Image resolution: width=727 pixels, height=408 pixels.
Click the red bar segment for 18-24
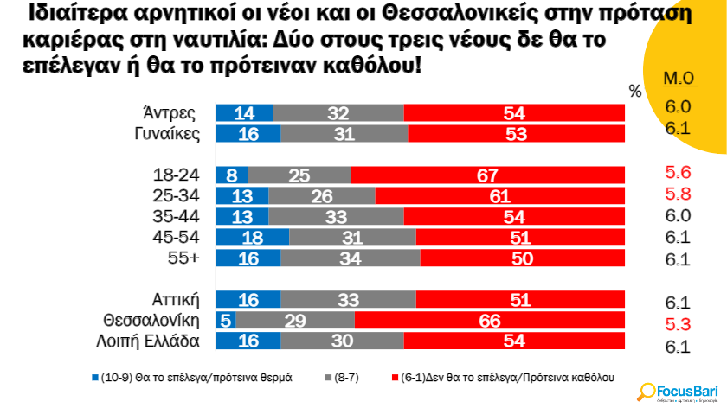(487, 175)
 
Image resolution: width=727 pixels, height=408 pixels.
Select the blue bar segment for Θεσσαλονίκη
(223, 321)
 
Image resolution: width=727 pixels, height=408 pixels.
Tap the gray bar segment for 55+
(350, 258)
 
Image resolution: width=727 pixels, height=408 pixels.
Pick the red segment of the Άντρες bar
(514, 113)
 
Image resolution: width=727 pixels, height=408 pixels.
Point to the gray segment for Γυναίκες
(344, 133)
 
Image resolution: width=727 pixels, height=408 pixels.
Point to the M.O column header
(680, 79)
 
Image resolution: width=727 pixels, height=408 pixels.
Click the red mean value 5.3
(678, 324)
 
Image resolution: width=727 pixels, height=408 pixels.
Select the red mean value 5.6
(678, 172)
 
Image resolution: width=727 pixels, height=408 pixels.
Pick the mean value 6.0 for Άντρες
(678, 106)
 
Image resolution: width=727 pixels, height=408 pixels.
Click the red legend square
(396, 378)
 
